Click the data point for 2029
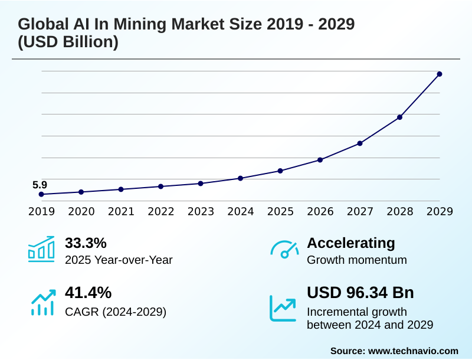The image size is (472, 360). point(440,74)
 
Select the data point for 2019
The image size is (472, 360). point(41,194)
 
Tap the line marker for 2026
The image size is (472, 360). point(320,160)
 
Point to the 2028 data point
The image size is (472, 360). point(399,117)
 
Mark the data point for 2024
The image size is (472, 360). point(240,178)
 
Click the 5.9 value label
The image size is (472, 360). point(40,185)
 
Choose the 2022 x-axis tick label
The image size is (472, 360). point(160,212)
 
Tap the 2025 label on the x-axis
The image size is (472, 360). point(280,212)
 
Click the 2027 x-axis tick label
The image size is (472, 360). point(360,212)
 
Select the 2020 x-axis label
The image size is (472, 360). point(81,212)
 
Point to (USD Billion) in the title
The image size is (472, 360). point(68,42)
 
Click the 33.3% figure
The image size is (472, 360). point(86,243)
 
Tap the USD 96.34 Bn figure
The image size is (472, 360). point(360,293)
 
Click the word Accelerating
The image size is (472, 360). point(351,243)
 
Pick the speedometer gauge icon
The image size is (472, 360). point(284,250)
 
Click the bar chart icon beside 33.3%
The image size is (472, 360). point(41,249)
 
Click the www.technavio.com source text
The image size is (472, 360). point(413,351)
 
